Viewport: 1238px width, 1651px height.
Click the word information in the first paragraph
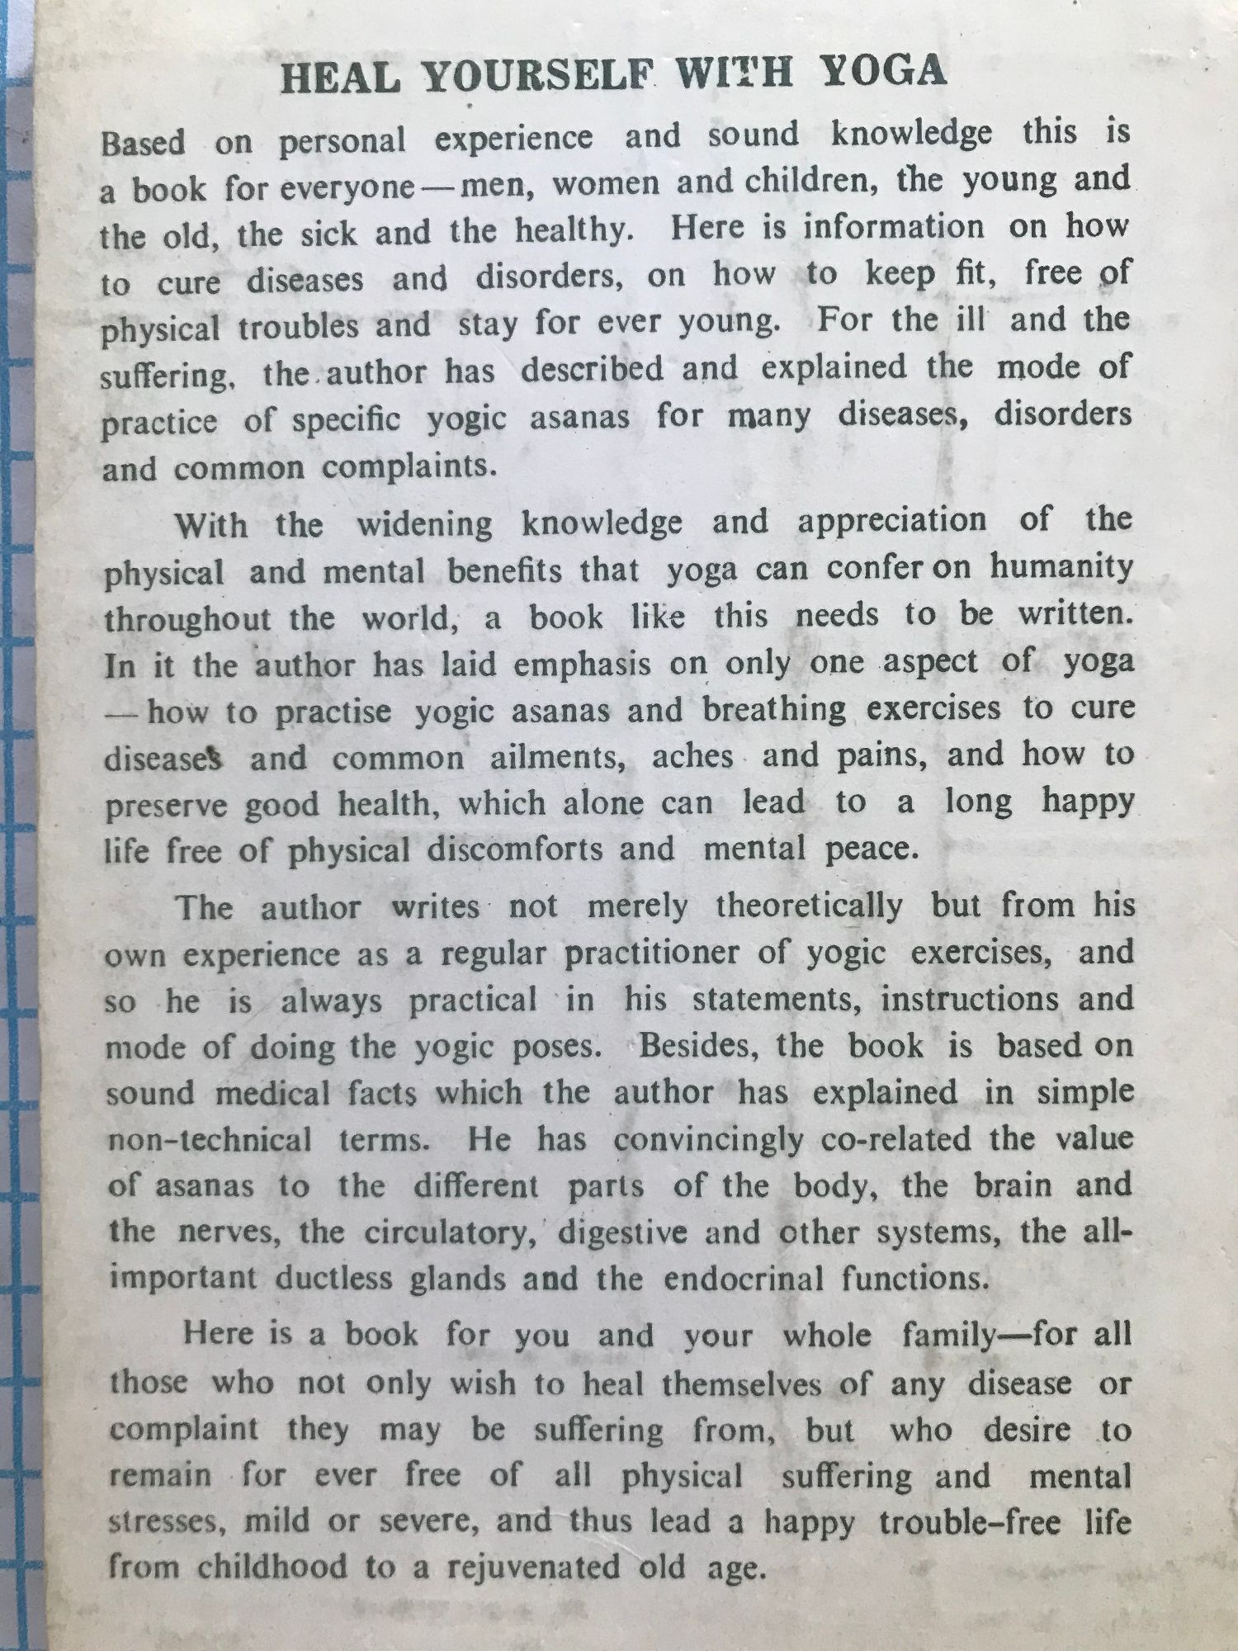tap(893, 228)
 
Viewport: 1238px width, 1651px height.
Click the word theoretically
tap(809, 906)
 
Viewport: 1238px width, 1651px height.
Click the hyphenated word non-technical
tap(210, 1141)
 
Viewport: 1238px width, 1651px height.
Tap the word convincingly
tap(708, 1140)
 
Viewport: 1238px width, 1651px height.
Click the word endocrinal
tap(744, 1279)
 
